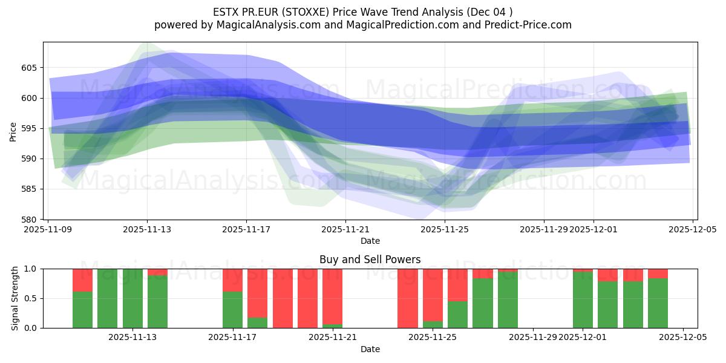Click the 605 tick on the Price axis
pos(30,68)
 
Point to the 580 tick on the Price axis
pos(30,219)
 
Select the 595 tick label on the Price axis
pos(30,128)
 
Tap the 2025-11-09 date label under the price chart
pos(48,229)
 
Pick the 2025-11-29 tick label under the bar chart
pos(532,338)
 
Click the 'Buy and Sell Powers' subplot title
pos(370,260)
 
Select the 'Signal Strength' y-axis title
pos(15,298)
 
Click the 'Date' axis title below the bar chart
pos(370,349)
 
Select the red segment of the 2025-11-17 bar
pos(232,280)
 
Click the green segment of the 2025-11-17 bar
pos(232,310)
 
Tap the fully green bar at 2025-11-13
pos(132,298)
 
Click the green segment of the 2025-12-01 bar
pos(583,300)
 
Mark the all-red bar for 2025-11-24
pos(408,298)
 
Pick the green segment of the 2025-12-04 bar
pos(658,303)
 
